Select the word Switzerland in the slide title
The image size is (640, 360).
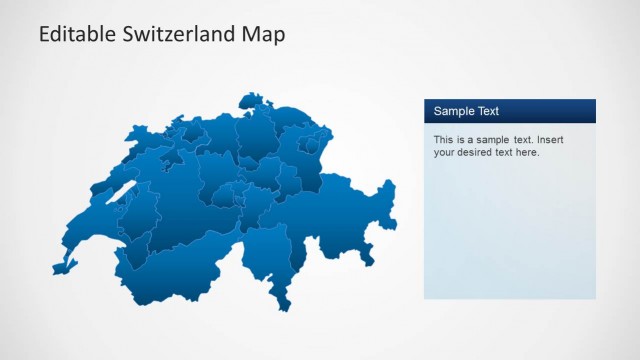175,34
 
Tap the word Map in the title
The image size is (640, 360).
263,34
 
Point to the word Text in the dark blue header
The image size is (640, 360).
487,111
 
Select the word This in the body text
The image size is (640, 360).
444,140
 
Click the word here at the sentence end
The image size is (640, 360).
526,153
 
